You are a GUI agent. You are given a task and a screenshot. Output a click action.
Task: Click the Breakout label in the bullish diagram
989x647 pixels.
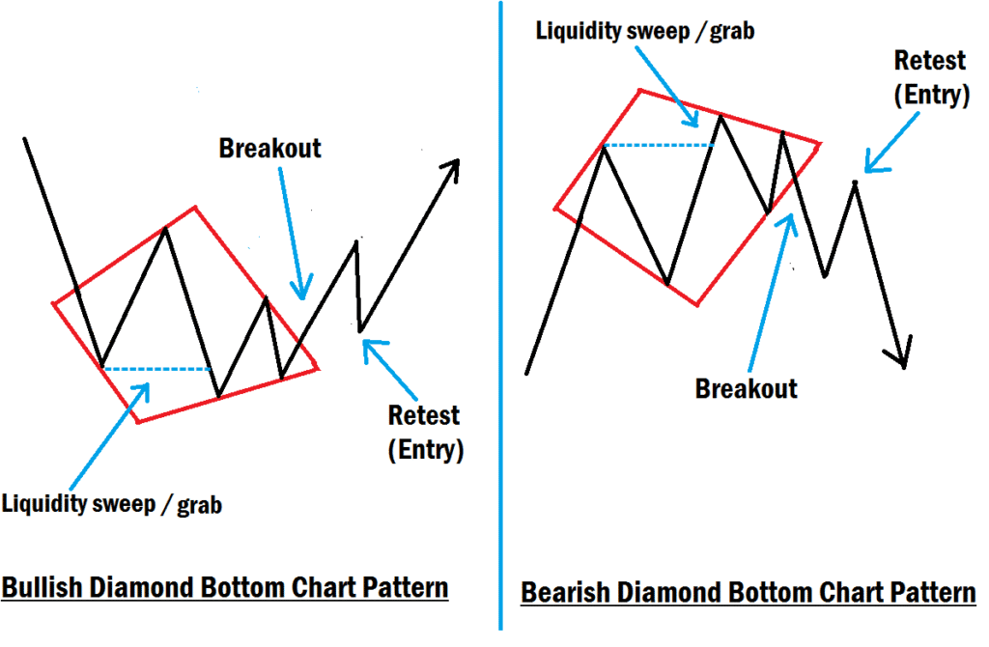[x=269, y=149]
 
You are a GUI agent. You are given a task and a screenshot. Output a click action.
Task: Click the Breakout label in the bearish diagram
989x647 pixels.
[x=747, y=388]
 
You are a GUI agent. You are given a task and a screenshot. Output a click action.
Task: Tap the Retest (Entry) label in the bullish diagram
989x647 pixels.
[x=424, y=433]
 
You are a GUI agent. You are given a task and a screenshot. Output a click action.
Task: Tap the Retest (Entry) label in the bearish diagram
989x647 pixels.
[x=930, y=77]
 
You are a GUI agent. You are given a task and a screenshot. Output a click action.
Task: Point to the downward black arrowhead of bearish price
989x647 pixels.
[x=902, y=358]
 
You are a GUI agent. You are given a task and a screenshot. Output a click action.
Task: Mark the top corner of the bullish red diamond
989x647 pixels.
[x=196, y=207]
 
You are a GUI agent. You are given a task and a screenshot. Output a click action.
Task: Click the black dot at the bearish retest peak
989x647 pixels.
[x=855, y=182]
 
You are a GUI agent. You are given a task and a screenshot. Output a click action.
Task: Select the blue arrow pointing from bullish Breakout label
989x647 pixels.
[x=291, y=232]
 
